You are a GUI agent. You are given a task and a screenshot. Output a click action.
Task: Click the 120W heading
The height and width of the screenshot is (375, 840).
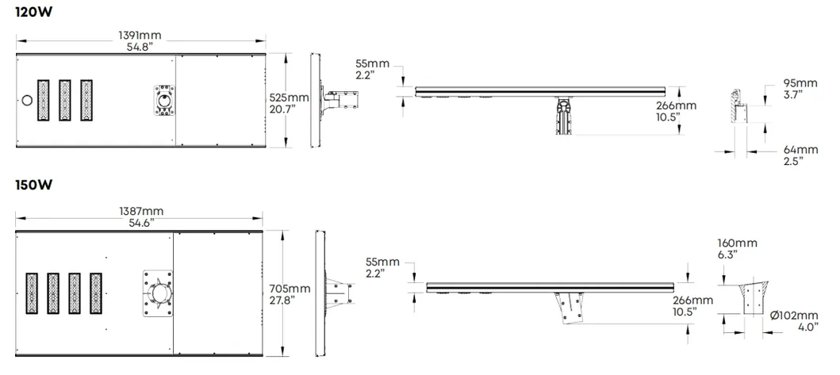(x=34, y=13)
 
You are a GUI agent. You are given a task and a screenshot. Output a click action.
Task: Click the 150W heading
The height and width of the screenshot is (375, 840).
(x=34, y=186)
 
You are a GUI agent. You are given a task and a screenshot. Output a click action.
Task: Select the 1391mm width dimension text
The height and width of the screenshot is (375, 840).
(x=140, y=36)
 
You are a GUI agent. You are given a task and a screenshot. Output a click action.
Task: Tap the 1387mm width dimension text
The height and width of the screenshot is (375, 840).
(x=141, y=211)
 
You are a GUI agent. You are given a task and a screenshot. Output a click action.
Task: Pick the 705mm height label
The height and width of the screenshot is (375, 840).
(x=290, y=289)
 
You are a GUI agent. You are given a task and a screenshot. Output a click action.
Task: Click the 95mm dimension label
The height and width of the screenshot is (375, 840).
(x=800, y=83)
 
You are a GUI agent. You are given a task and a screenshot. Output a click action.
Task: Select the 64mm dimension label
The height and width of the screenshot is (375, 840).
(x=800, y=150)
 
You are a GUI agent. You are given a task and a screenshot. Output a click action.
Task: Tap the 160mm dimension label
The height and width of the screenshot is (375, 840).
(x=737, y=243)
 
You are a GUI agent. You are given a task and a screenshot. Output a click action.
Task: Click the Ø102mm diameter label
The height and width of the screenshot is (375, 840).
(x=795, y=316)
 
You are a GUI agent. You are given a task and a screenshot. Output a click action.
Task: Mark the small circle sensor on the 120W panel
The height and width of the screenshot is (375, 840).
(x=26, y=100)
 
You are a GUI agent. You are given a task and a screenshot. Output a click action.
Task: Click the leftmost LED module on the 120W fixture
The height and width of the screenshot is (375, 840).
(x=43, y=100)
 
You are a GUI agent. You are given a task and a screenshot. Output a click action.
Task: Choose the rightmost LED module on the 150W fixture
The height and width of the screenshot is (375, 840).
(x=96, y=293)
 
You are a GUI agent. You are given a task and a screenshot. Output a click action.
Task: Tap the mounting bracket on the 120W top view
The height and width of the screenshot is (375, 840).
(x=165, y=100)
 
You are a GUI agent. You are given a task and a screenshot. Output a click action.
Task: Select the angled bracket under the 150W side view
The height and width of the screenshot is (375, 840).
(x=572, y=308)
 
